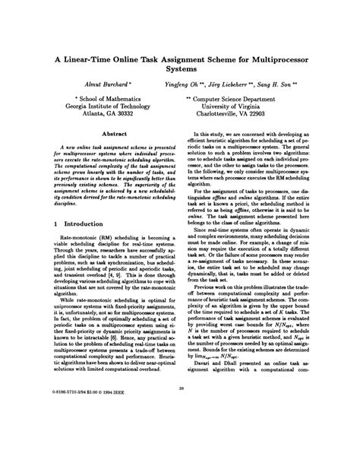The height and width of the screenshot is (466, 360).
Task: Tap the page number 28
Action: (179, 429)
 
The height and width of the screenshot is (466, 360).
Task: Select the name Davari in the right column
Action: (204, 409)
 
